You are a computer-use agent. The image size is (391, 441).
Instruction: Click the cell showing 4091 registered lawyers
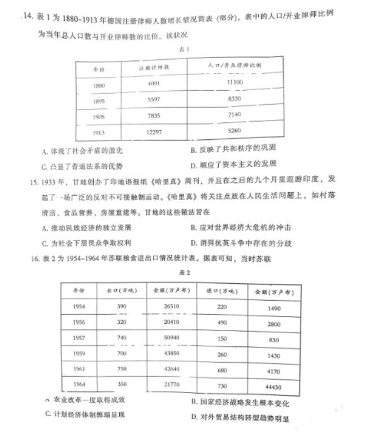point(154,83)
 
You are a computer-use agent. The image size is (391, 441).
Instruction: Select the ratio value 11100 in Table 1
point(236,82)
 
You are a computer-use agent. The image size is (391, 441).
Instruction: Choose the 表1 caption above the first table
point(183,50)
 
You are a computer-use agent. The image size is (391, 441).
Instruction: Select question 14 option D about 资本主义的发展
point(234,165)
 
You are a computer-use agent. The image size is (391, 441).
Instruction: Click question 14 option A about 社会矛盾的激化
point(82,151)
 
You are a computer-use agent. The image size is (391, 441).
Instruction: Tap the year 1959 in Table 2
point(79,354)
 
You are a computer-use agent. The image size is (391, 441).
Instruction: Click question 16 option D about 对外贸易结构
point(240,418)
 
